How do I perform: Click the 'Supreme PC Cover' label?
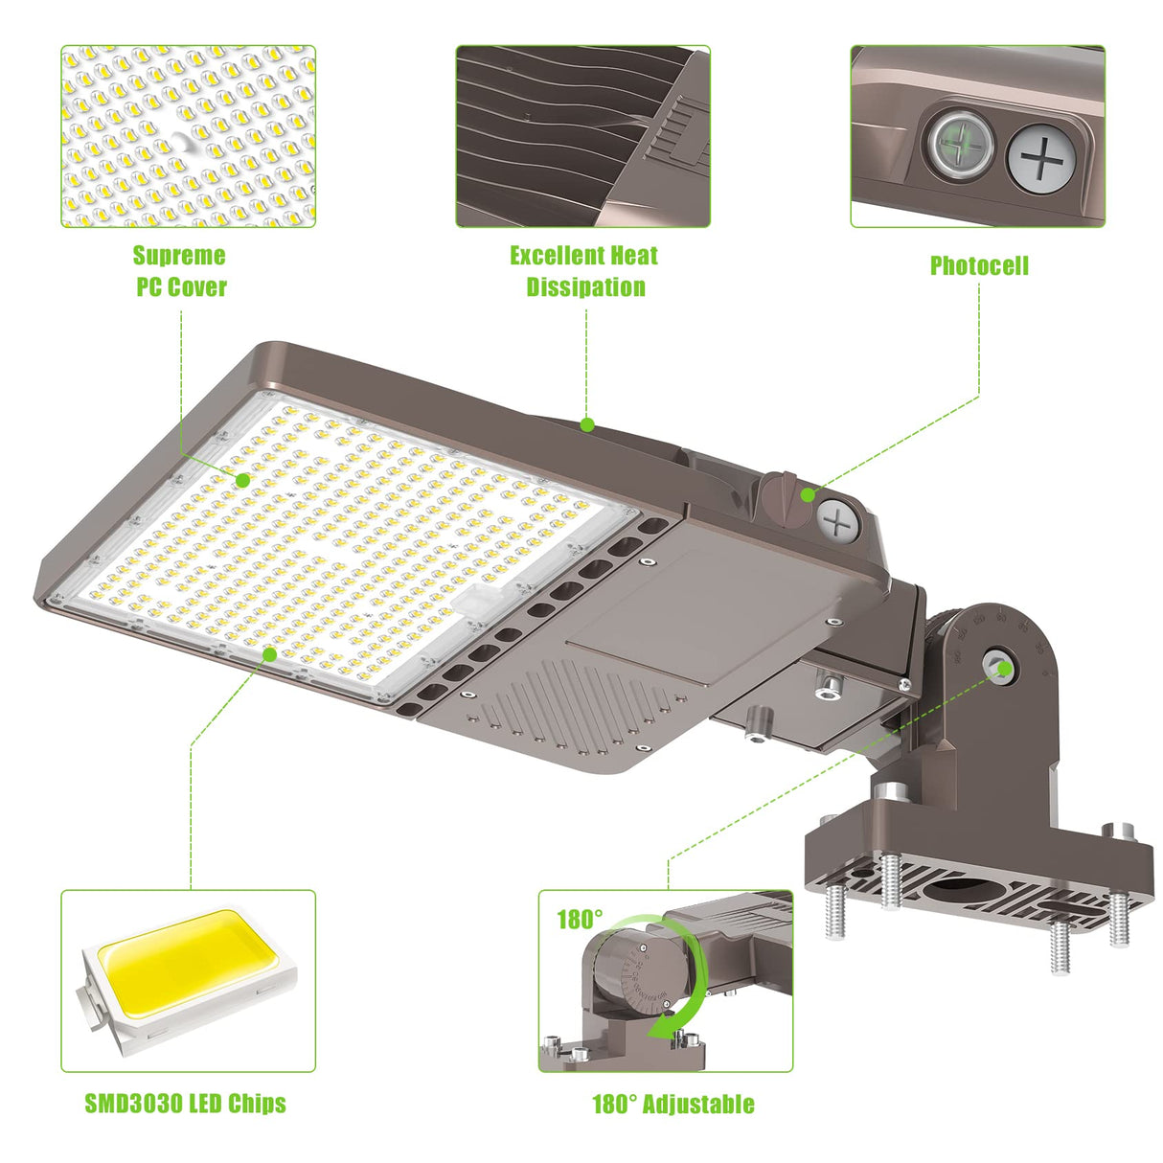(180, 271)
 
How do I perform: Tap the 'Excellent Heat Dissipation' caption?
(583, 271)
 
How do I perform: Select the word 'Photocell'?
(978, 265)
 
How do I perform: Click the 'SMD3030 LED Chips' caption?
(185, 1104)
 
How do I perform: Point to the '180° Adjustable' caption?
(673, 1104)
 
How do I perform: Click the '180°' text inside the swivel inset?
(580, 920)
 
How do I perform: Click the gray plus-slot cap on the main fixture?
(838, 523)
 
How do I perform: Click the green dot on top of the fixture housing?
(587, 424)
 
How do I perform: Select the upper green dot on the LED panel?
(243, 479)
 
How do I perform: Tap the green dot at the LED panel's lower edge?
(270, 654)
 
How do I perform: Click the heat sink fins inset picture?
(582, 136)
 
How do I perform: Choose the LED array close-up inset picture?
(188, 136)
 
